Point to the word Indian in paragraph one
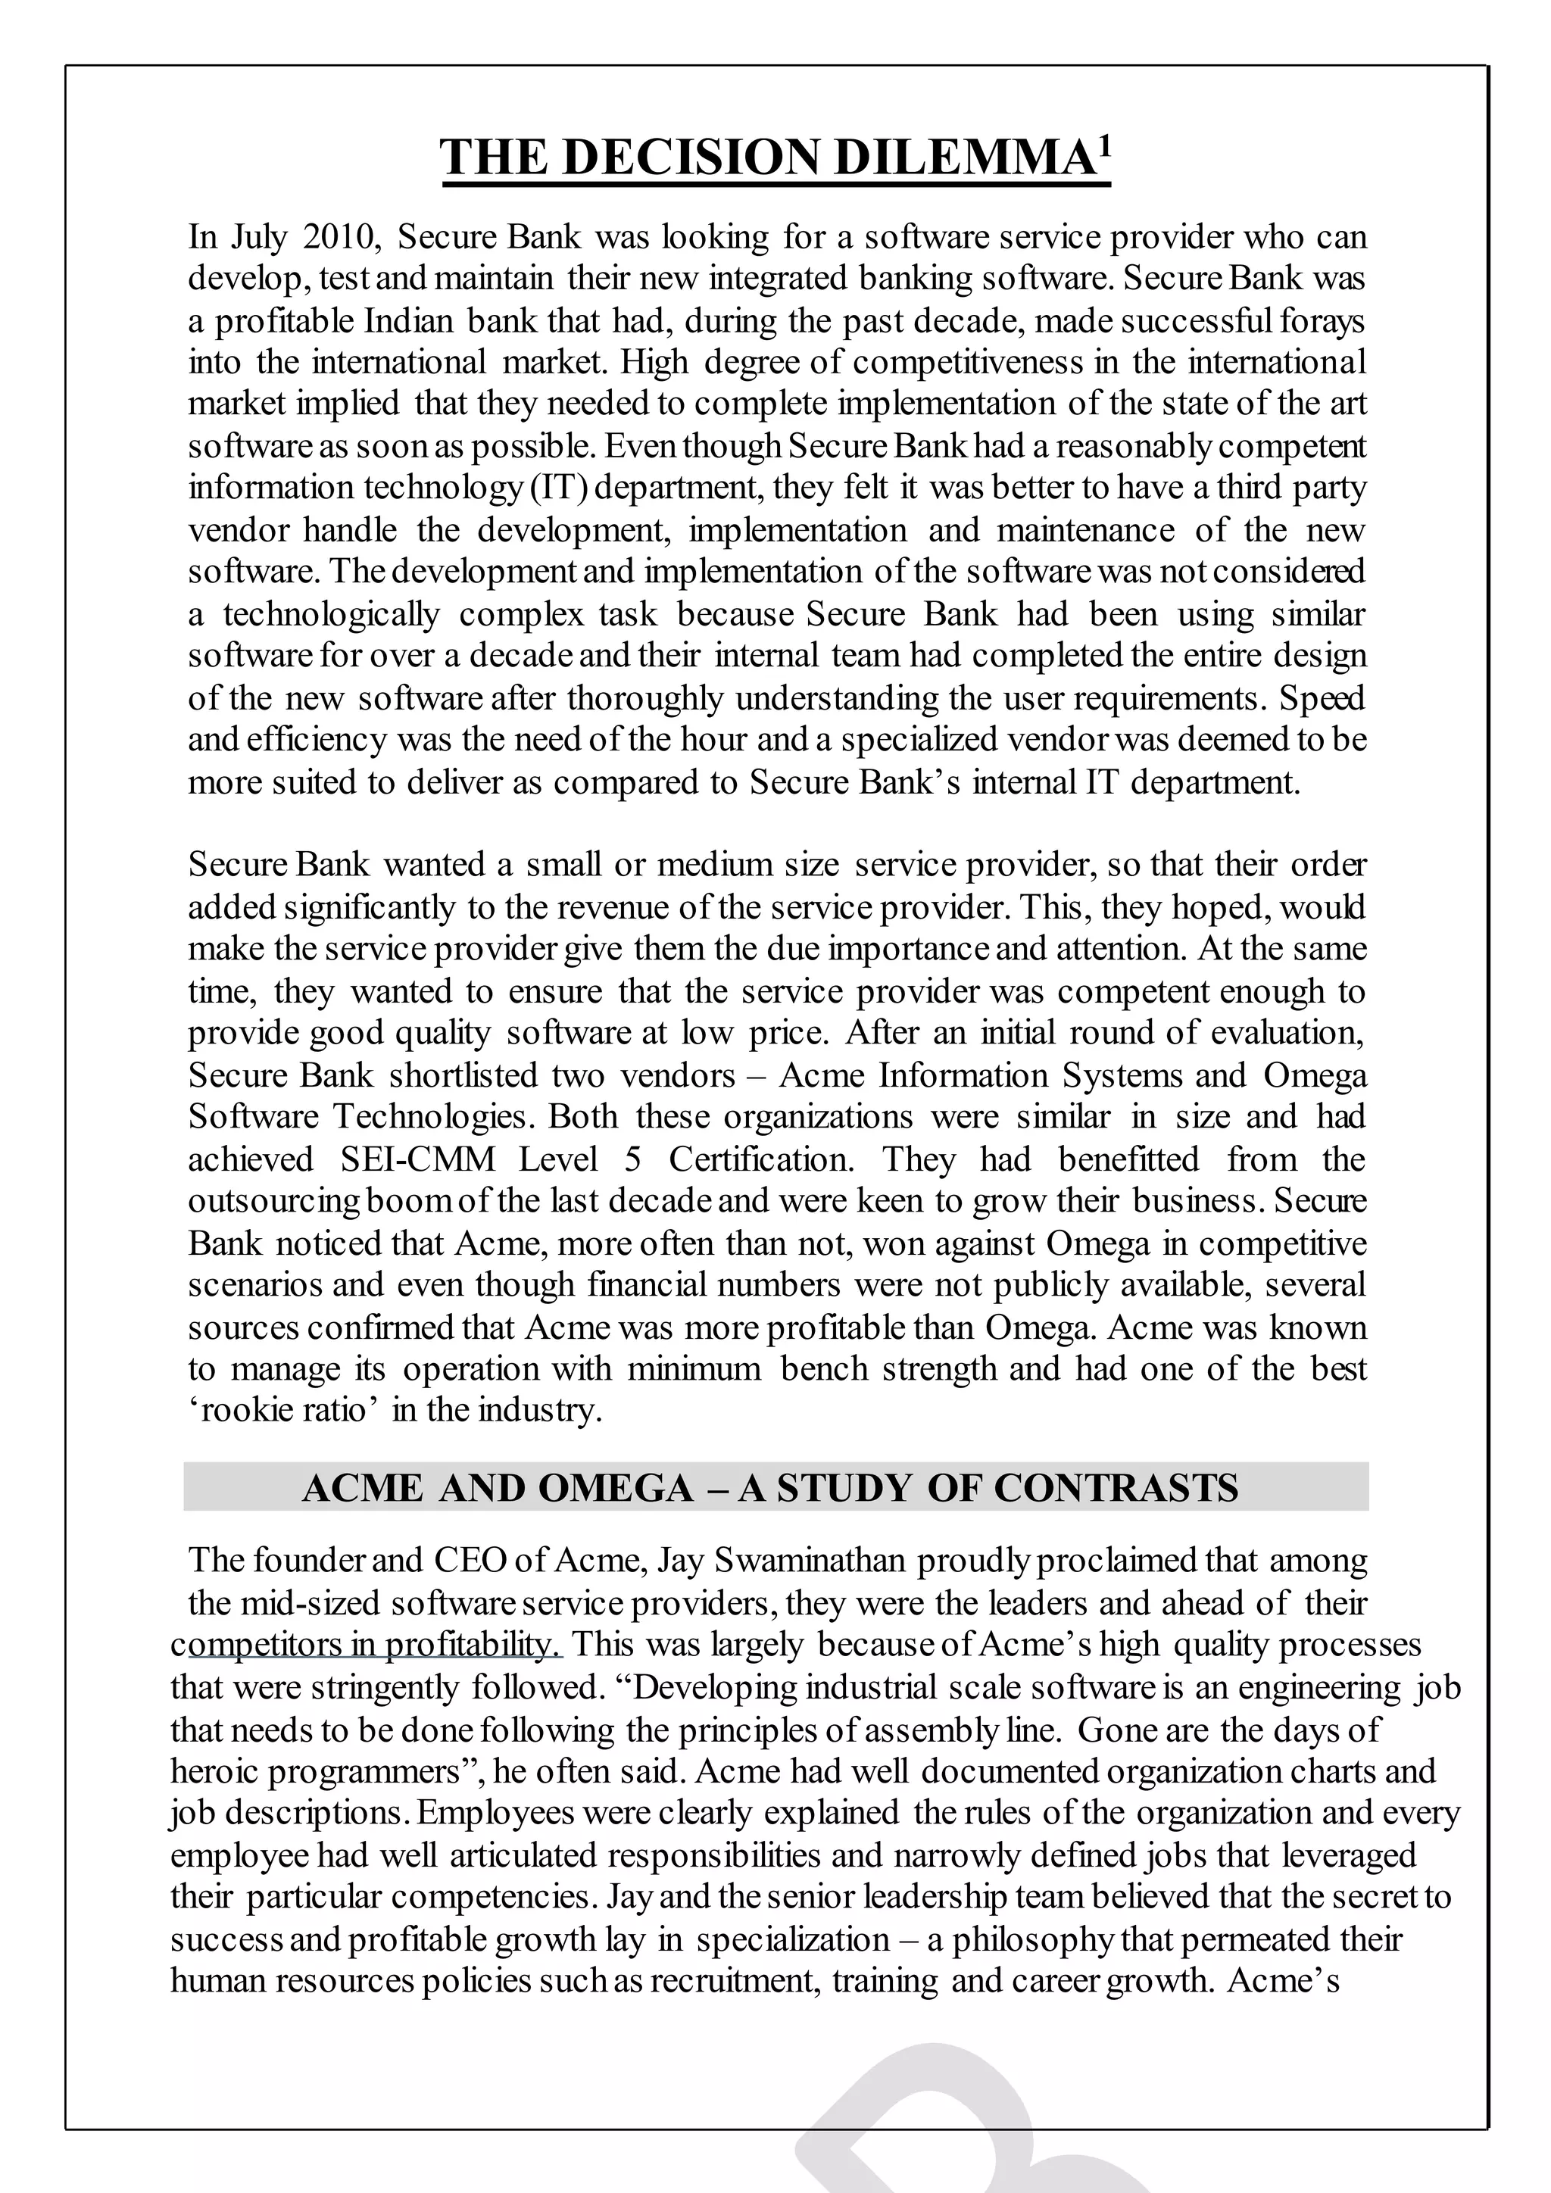click(409, 320)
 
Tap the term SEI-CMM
click(417, 1159)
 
